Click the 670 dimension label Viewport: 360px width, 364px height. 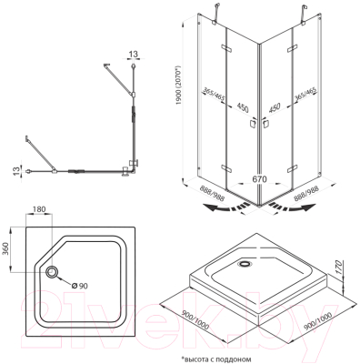[x=259, y=179]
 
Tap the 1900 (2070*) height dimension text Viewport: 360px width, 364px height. [x=179, y=86]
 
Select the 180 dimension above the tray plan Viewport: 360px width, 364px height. [x=39, y=209]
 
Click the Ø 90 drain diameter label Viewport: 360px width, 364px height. [x=79, y=286]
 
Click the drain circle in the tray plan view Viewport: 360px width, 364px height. [x=52, y=271]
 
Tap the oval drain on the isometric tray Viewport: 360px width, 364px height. [x=244, y=264]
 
